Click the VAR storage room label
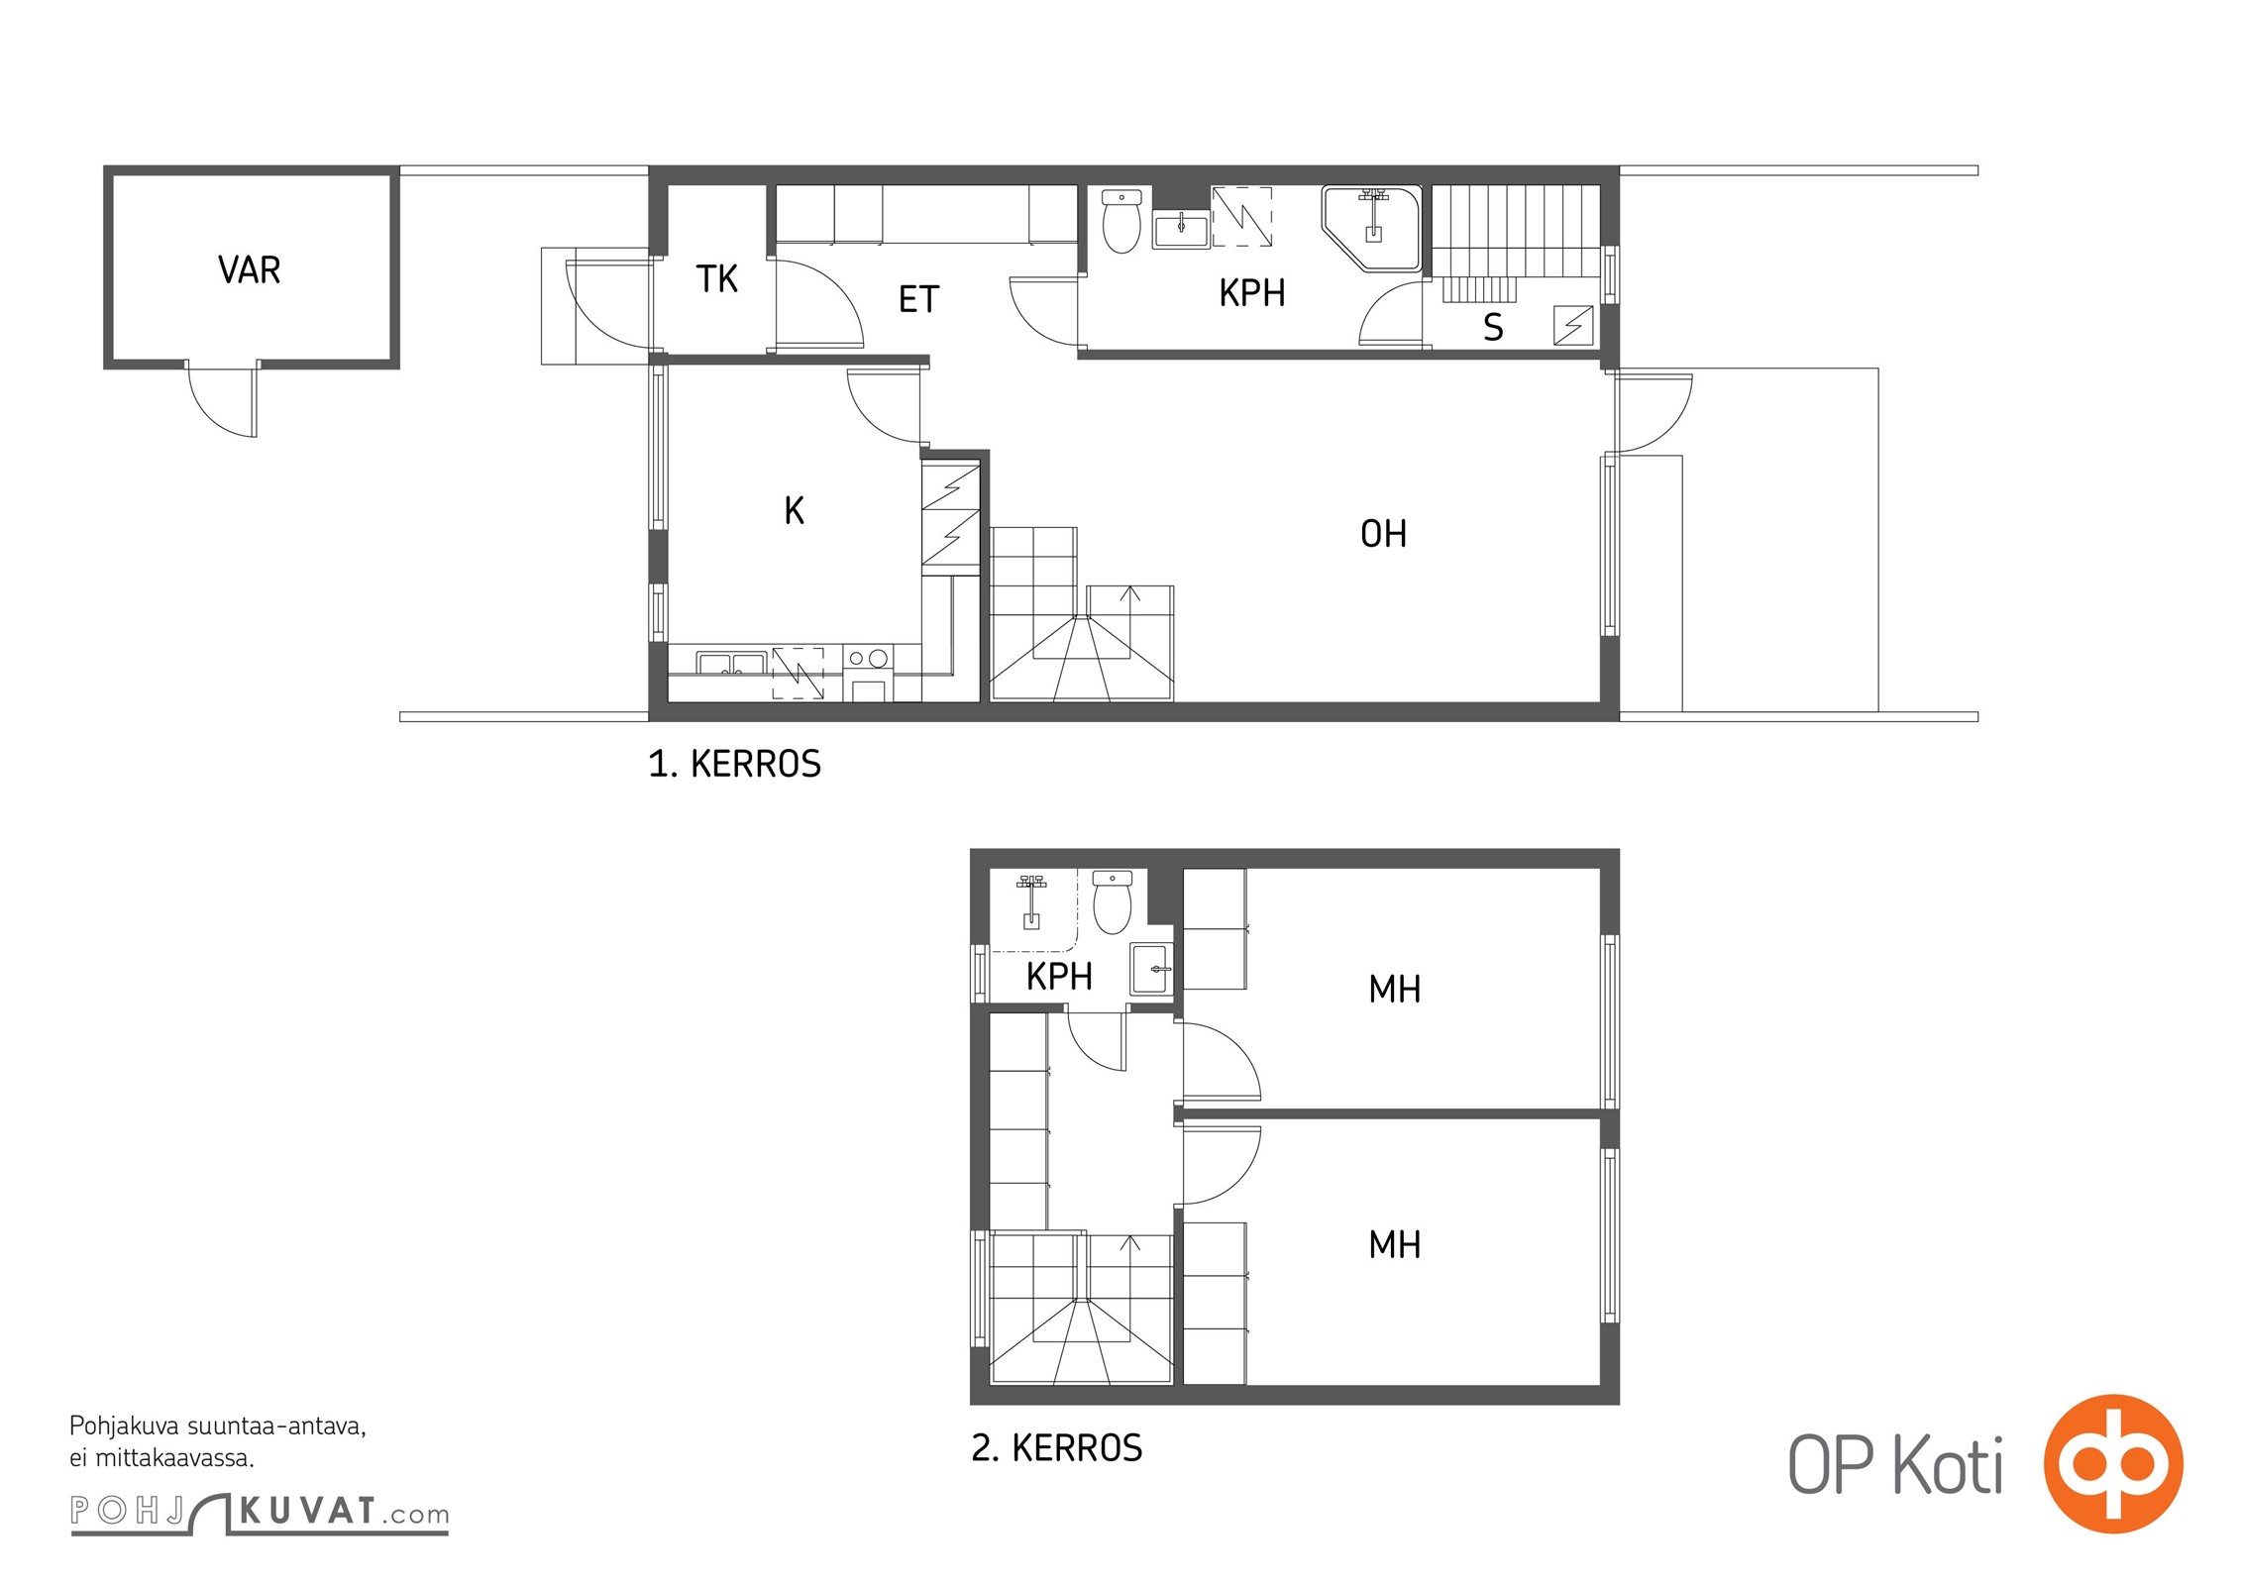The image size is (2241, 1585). (250, 269)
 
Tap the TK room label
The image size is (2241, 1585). (717, 278)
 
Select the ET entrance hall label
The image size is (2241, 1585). (918, 299)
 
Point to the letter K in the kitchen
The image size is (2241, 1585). (794, 510)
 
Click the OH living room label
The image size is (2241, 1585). (1383, 534)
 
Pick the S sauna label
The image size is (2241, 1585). (1493, 327)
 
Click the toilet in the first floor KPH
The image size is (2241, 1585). (1121, 221)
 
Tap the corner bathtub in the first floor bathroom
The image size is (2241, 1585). (1372, 228)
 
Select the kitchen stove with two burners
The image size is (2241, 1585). (868, 658)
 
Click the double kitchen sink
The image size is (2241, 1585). (731, 663)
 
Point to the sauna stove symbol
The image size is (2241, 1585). (1573, 325)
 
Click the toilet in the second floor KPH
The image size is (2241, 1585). (1113, 901)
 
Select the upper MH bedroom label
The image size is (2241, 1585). (1395, 989)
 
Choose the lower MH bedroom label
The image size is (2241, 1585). (1395, 1244)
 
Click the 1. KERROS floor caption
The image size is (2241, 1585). (734, 764)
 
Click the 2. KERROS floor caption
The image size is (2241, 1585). (1056, 1448)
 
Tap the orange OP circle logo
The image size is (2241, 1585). (2113, 1463)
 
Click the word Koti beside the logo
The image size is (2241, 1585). (1949, 1465)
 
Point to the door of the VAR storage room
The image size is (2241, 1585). (223, 401)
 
